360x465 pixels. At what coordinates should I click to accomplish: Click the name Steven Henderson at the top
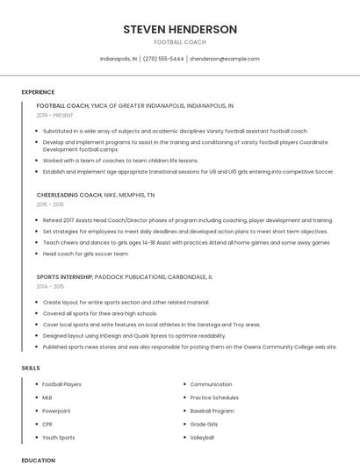[x=180, y=29]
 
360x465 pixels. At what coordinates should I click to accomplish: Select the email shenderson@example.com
[x=225, y=59]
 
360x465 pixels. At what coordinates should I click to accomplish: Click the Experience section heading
[x=38, y=92]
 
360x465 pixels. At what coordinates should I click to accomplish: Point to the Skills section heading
[x=31, y=368]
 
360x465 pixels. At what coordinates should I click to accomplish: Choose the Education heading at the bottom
[x=38, y=460]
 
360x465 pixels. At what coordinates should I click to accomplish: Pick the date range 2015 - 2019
[x=50, y=204]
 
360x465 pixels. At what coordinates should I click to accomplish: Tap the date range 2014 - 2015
[x=50, y=286]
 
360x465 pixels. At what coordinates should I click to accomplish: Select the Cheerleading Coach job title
[x=69, y=195]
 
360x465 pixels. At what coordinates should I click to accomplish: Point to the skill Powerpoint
[x=56, y=411]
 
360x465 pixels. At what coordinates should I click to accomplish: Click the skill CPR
[x=47, y=424]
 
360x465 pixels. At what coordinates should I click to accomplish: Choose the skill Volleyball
[x=202, y=437]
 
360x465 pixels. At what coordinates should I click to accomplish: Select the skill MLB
[x=47, y=397]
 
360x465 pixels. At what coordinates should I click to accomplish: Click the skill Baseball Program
[x=212, y=411]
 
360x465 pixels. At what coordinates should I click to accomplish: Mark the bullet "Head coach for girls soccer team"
[x=85, y=254]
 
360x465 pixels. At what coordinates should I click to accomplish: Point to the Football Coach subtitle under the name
[x=180, y=42]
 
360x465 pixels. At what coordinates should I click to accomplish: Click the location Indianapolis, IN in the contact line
[x=119, y=59]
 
